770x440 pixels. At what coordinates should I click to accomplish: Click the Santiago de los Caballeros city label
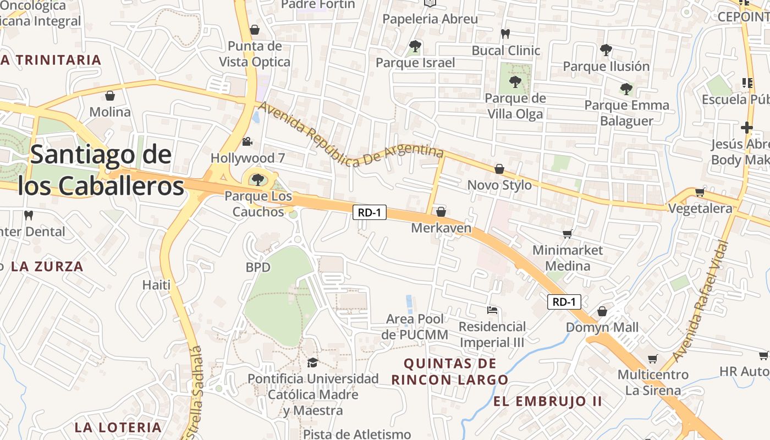click(101, 170)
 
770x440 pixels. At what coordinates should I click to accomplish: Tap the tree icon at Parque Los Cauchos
click(257, 179)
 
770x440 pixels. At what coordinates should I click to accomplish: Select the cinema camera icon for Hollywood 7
click(248, 142)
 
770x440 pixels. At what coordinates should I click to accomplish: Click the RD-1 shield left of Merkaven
click(369, 212)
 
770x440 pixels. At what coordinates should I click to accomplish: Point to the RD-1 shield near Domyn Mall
click(564, 301)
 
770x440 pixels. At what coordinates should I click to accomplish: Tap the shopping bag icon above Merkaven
click(441, 212)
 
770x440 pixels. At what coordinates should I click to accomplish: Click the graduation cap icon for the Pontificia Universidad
click(312, 362)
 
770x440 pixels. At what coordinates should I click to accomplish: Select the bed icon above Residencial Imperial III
click(492, 311)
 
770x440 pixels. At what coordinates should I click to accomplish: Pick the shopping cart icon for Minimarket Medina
click(568, 234)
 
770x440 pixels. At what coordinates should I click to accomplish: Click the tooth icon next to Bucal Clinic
click(505, 34)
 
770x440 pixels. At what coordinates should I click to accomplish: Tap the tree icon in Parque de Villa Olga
click(515, 82)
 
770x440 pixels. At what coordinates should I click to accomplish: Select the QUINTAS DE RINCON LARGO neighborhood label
click(450, 371)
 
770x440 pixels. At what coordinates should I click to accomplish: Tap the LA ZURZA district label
click(47, 267)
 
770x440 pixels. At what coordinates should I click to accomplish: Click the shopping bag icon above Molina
click(110, 96)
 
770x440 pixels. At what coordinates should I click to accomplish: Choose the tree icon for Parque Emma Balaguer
click(626, 89)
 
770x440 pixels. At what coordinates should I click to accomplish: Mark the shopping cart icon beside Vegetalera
click(700, 193)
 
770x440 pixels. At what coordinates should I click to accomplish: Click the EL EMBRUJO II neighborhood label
click(547, 402)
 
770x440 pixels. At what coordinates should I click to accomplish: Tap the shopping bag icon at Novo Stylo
click(499, 169)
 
